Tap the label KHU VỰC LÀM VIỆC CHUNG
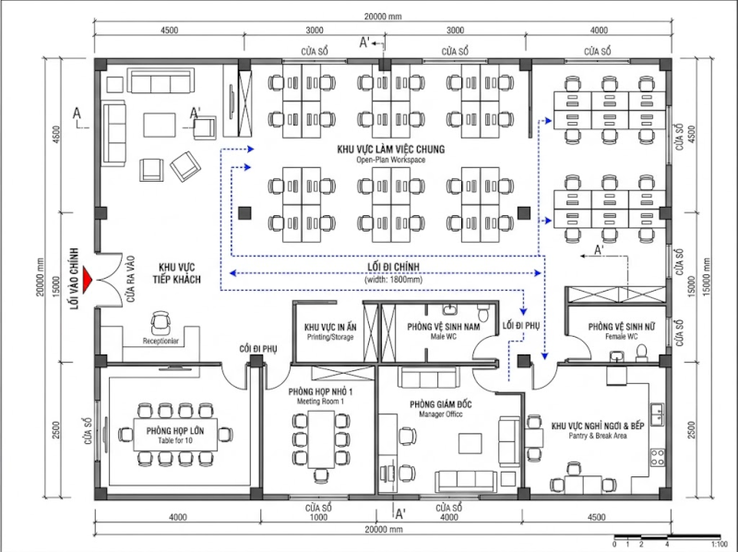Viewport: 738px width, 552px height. click(x=392, y=149)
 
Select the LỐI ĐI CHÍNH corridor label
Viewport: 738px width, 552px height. click(x=387, y=267)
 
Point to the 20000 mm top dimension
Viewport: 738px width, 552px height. click(x=387, y=18)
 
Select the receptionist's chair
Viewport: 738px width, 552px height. click(x=161, y=320)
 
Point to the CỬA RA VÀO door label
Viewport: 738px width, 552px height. click(x=130, y=277)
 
